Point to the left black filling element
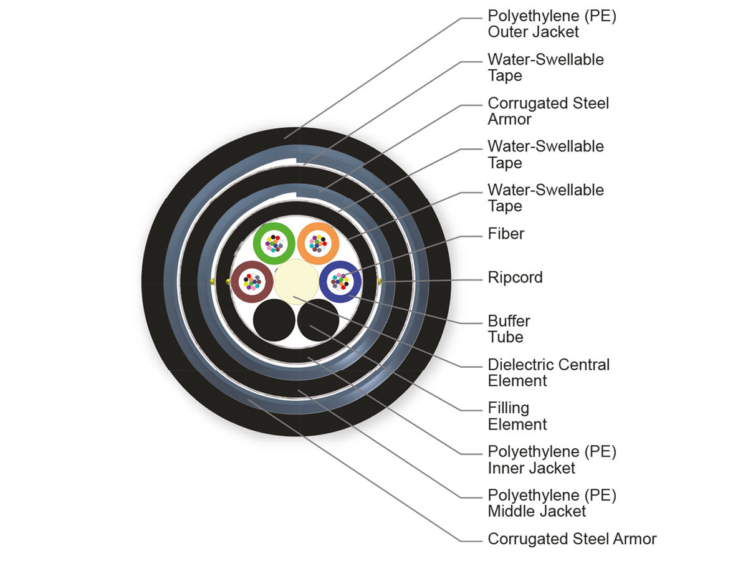point(274,320)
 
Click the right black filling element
point(318,320)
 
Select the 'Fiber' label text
point(506,234)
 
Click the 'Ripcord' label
point(515,277)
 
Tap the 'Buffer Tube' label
point(509,329)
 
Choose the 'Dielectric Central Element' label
point(549,372)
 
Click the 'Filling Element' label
point(517,416)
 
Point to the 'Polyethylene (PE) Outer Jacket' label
point(552,24)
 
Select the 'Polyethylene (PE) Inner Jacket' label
point(552,459)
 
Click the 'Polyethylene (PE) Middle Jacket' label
point(552,503)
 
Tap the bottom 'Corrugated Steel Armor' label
point(572,539)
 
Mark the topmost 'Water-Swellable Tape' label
point(545,67)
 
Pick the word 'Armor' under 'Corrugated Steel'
point(509,119)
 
